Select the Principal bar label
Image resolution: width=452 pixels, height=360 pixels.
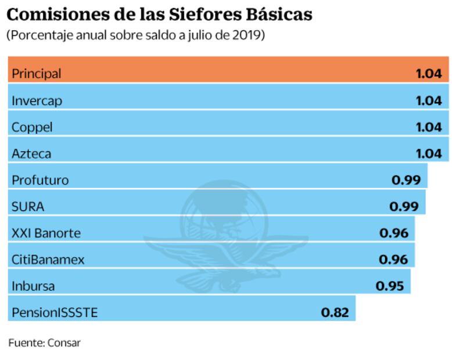coord(36,74)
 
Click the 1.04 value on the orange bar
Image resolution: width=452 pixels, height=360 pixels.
coord(429,74)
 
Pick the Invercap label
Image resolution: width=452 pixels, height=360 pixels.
coord(37,100)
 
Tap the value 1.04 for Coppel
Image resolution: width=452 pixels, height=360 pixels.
coord(429,127)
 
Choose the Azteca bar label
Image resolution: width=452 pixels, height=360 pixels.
coord(31,153)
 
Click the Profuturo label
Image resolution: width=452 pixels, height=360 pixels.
coord(40,180)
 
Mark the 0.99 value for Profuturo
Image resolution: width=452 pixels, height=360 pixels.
coord(406,180)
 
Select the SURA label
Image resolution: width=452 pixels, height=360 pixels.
coord(28,207)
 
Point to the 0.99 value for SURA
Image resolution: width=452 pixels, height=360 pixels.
coord(404,207)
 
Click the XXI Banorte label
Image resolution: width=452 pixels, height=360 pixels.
coord(46,233)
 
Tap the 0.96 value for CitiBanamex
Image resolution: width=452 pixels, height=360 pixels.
coord(393,260)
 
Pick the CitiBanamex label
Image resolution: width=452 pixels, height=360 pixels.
coord(48,260)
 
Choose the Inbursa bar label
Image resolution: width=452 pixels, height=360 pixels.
coord(33,286)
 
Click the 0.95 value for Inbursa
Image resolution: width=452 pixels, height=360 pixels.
coord(390,286)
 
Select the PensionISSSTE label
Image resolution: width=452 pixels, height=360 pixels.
coord(55,313)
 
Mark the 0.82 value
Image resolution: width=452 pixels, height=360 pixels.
coord(335,313)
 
